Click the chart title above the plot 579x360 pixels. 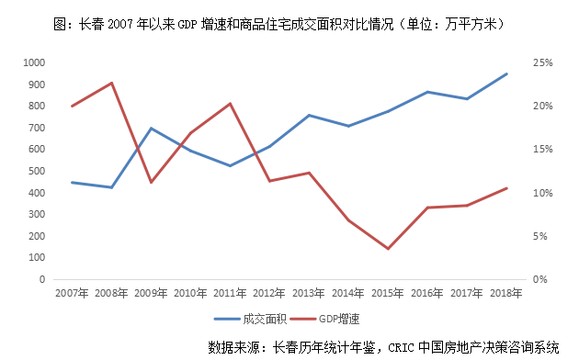290,20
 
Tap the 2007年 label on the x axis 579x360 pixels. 72,294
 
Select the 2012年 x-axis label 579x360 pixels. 269,294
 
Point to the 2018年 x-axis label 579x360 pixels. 506,294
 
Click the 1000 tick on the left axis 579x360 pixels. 34,62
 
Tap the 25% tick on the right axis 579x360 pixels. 540,62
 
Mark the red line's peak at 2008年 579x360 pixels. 111,83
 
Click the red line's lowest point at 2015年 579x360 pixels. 389,249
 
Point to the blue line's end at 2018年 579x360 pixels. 507,73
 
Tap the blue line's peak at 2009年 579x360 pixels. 151,128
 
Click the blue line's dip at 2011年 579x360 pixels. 230,166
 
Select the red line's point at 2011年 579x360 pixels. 230,103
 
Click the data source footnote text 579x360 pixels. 383,347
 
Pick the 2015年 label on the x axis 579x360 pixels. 388,294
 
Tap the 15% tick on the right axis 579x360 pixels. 540,149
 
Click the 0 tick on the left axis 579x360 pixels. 42,279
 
